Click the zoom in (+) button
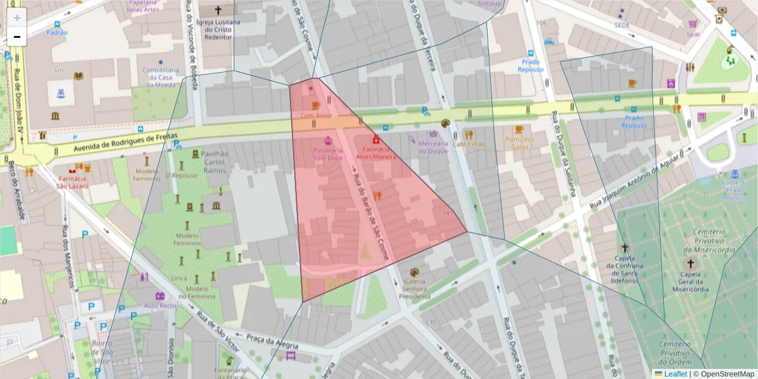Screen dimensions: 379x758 16,17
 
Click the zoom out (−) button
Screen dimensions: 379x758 16,37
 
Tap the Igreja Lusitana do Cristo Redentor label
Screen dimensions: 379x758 219,29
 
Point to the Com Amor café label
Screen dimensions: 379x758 316,116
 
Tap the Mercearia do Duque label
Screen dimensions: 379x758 433,147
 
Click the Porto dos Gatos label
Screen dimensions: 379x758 519,143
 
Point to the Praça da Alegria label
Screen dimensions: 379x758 272,341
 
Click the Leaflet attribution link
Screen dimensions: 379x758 675,374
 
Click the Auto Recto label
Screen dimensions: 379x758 160,305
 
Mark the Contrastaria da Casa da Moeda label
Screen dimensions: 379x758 161,77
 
